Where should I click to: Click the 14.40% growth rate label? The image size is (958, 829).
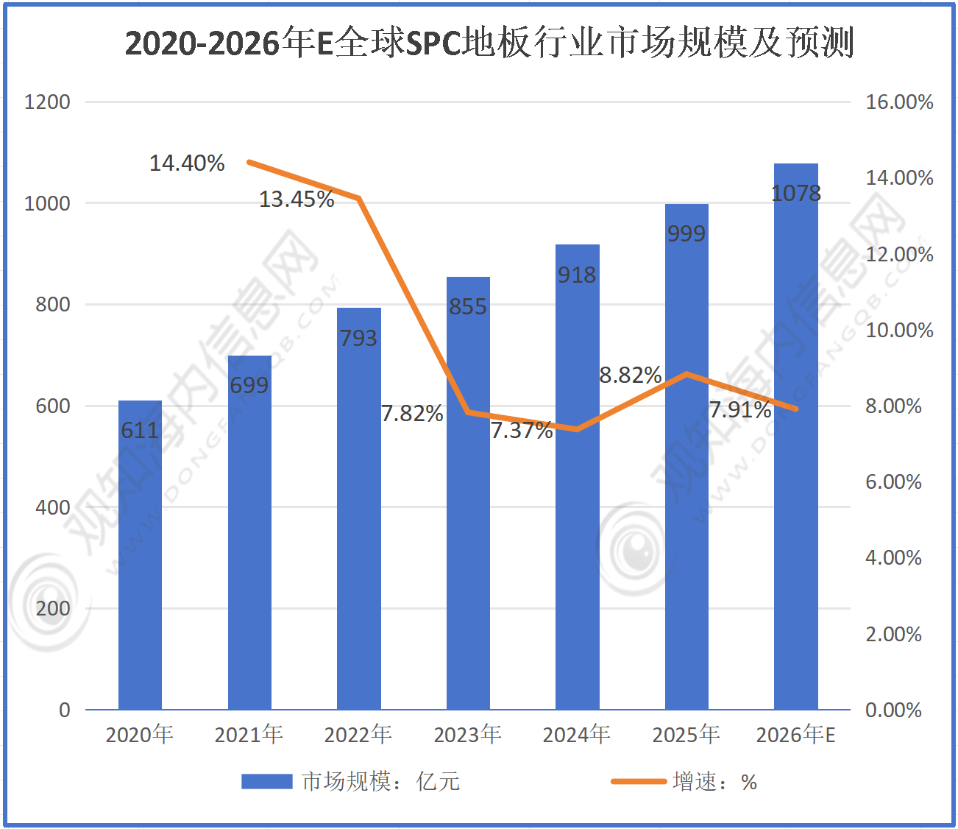click(187, 163)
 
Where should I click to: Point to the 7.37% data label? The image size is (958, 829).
click(522, 430)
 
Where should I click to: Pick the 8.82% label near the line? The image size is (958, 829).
click(631, 375)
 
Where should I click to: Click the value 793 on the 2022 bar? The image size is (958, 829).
click(358, 338)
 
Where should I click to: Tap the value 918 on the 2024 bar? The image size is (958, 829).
click(577, 275)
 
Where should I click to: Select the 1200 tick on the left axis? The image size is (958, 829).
click(47, 102)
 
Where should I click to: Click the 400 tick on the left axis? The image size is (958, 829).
click(53, 507)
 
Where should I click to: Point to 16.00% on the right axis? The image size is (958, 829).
click(899, 102)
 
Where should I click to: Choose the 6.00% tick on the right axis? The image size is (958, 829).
click(893, 481)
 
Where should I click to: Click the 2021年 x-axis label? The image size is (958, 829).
click(249, 734)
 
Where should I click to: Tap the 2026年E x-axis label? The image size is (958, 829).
click(795, 734)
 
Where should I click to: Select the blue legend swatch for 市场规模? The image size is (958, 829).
click(266, 781)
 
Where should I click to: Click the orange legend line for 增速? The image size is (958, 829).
click(638, 781)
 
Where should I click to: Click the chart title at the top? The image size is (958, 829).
click(489, 43)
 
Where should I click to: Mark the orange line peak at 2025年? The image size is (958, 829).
click(686, 374)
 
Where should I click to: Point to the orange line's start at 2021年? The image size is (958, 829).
click(249, 162)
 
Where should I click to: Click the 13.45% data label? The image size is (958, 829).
click(297, 199)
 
